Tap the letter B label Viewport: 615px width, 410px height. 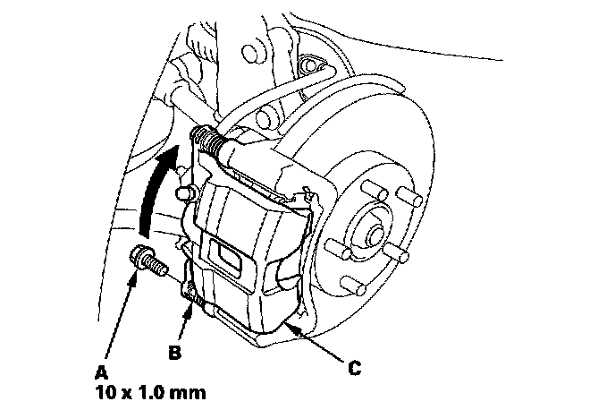click(x=175, y=352)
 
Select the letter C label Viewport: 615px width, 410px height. click(x=355, y=365)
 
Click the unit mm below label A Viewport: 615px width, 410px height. click(x=190, y=391)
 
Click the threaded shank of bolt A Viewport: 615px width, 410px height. click(x=157, y=266)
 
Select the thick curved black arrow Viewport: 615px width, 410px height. click(x=154, y=188)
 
